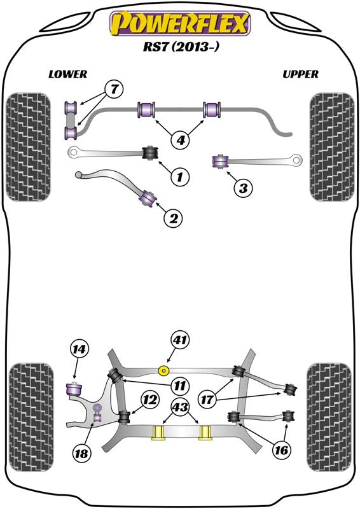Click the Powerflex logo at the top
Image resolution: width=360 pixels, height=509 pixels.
coord(180,24)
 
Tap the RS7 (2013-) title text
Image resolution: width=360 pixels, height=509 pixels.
coord(181,46)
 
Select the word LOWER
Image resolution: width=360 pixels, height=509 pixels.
coord(68,74)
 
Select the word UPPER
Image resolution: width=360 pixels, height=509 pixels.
coord(300,74)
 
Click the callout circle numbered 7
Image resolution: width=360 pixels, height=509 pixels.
coord(114,89)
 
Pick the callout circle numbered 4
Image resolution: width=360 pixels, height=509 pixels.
coord(181,140)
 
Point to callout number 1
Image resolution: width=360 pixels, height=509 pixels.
coord(179,177)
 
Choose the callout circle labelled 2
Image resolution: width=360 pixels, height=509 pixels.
coord(174,218)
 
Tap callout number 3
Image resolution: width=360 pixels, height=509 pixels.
coord(243,188)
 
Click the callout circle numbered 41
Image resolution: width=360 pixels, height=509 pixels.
coord(180,340)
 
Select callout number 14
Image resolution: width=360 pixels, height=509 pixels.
coord(80,349)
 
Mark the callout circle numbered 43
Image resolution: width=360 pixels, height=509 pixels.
coord(180,407)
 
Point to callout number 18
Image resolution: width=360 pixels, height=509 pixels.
coord(81,453)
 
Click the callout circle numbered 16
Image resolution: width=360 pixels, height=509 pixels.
coord(281,450)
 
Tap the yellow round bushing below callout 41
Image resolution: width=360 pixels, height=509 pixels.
coord(164,371)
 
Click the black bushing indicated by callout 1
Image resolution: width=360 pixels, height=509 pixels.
coord(150,153)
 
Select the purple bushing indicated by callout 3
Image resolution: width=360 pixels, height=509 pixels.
coord(220,162)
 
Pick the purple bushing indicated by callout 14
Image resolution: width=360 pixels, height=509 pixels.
coord(74,389)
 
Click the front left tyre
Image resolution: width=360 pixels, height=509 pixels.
coord(29,147)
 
